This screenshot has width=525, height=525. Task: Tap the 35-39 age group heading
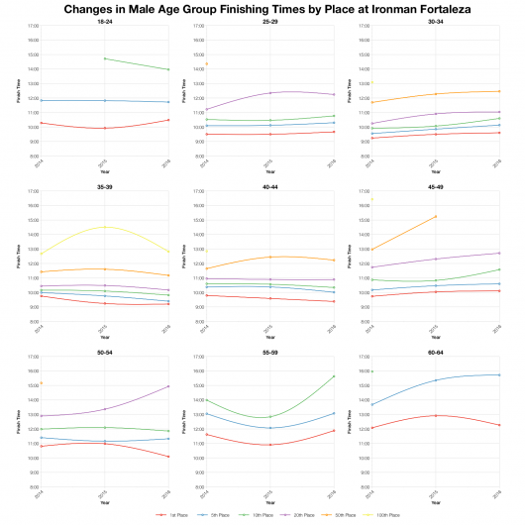104,185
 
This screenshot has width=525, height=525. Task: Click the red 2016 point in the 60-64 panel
500,425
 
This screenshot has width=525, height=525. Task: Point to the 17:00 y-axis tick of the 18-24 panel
33,26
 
